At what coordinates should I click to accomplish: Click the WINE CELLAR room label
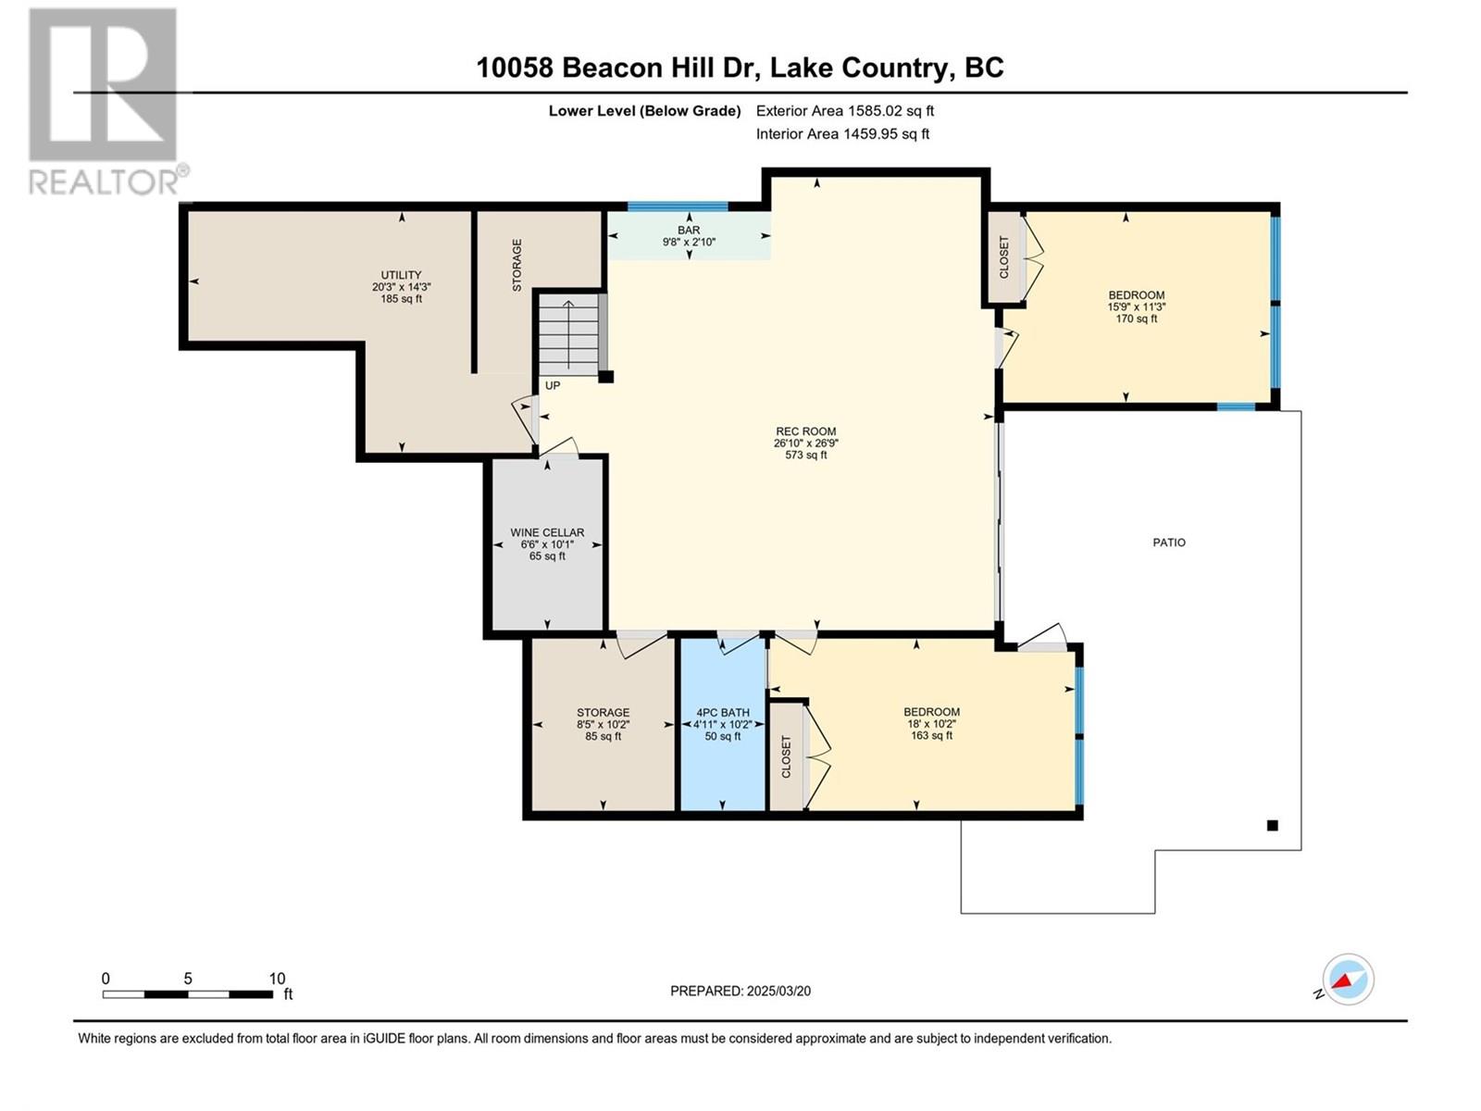click(x=547, y=533)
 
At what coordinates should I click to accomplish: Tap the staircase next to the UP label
click(x=568, y=334)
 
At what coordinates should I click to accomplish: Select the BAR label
click(x=689, y=230)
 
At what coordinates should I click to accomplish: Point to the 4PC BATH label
click(x=723, y=712)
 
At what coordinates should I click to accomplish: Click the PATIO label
click(x=1169, y=543)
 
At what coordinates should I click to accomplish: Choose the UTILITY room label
click(x=402, y=275)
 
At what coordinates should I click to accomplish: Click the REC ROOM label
click(x=806, y=431)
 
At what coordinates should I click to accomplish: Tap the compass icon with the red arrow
click(x=1348, y=979)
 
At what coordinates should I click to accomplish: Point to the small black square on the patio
click(x=1273, y=825)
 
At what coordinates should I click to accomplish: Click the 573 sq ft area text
click(x=806, y=456)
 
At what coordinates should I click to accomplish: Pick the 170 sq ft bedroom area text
click(x=1137, y=318)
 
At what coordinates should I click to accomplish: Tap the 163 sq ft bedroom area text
click(x=932, y=735)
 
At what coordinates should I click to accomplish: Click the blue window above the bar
click(x=678, y=206)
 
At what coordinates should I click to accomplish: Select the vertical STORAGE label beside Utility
click(x=516, y=265)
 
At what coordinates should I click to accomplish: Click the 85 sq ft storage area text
click(x=604, y=736)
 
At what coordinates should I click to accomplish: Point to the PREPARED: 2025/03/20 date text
click(x=740, y=991)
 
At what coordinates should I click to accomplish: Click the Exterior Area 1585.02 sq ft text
click(x=845, y=111)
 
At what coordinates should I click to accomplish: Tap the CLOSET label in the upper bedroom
click(x=1004, y=257)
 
